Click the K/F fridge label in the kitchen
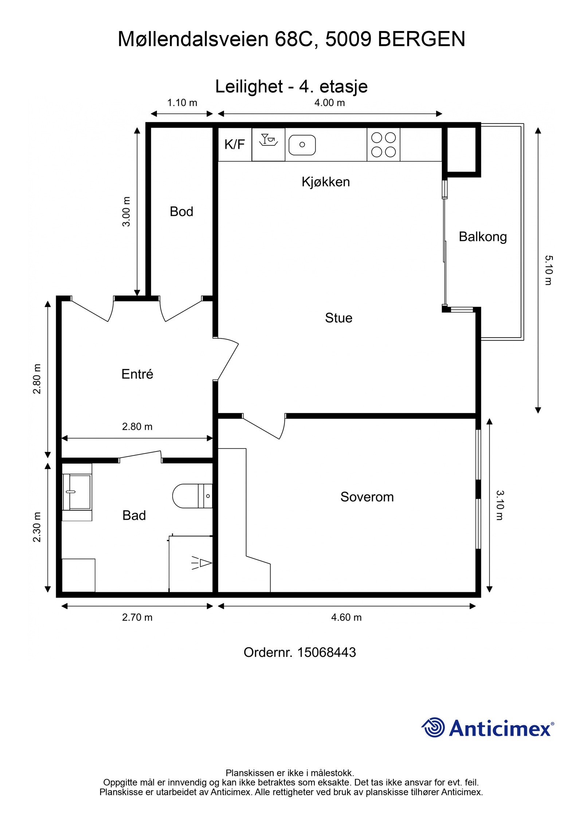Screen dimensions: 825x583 pos(234,144)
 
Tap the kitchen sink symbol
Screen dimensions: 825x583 pos(302,145)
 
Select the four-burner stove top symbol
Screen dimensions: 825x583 pos(383,144)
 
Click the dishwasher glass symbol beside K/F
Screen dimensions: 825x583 pos(268,140)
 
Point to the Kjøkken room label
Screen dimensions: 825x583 pos(325,182)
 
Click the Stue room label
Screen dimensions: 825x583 pos(339,318)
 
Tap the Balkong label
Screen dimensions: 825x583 pos(482,237)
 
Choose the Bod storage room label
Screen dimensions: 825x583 pos(181,211)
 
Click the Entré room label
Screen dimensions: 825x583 pos(137,374)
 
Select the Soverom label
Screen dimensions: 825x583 pos(367,497)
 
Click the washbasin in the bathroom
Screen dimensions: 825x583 pos(77,492)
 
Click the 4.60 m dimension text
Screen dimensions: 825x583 pos(346,617)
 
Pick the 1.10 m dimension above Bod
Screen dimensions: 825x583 pos(182,103)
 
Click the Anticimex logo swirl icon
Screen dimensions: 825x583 pos(433,727)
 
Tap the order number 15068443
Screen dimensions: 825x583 pos(326,652)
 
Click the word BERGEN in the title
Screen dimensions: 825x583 pos(421,39)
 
